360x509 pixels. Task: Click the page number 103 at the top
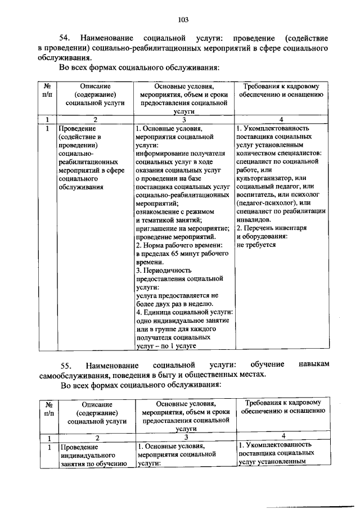tap(182, 20)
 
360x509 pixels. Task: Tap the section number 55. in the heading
tap(66, 366)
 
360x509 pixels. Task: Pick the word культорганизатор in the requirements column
tap(264, 178)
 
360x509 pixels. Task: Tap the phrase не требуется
tap(256, 245)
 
